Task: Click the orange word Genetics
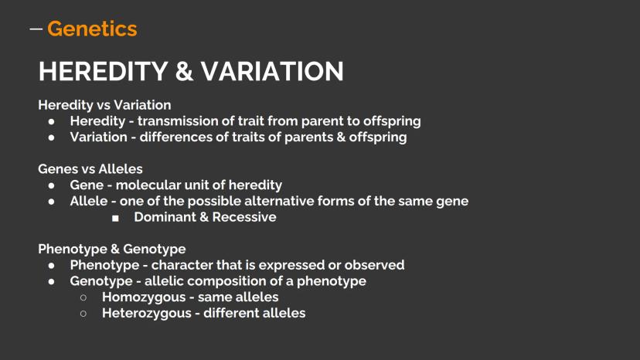pos(92,29)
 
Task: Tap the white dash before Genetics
pos(36,29)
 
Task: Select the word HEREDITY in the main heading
pos(104,71)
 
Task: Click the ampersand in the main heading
pos(184,71)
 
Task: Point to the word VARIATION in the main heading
pos(272,71)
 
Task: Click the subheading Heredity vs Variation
pos(104,105)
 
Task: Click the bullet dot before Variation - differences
pos(52,138)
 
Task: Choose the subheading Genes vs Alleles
pos(90,168)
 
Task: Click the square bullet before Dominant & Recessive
pos(115,219)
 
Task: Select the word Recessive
pos(244,217)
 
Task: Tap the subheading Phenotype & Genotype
pos(112,249)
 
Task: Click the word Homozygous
pos(144,297)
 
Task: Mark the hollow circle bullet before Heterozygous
pos(83,314)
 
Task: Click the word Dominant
pos(165,217)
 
